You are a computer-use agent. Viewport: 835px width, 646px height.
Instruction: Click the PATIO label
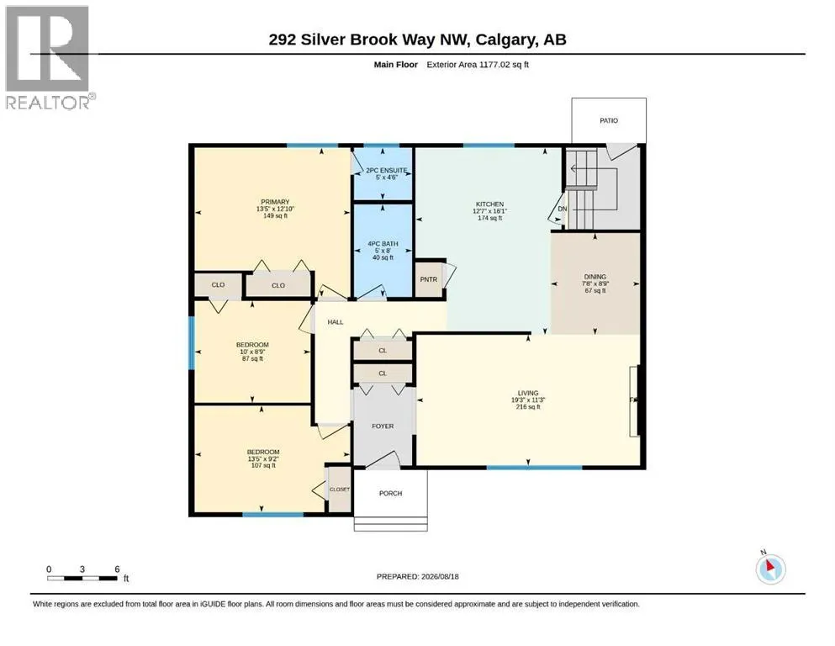(x=609, y=121)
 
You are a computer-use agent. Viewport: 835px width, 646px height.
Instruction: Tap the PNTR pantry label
(x=429, y=279)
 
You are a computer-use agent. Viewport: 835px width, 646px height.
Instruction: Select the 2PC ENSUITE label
(x=387, y=171)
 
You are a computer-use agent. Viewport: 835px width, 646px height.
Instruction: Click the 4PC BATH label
(x=383, y=244)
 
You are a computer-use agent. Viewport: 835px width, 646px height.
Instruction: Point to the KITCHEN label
(x=490, y=204)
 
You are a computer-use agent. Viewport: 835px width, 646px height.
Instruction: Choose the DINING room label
(x=595, y=277)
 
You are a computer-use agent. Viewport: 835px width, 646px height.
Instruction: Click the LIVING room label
(x=528, y=393)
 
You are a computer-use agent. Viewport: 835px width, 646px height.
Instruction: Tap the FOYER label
(x=383, y=426)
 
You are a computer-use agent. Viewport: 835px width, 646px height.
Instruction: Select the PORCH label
(x=390, y=494)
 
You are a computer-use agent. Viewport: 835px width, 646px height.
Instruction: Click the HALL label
(x=336, y=322)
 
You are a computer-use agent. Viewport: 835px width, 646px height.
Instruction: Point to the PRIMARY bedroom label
(x=275, y=203)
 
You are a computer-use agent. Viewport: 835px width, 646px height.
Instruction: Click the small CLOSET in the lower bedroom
(x=340, y=490)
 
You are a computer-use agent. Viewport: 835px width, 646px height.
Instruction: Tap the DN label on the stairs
(x=563, y=209)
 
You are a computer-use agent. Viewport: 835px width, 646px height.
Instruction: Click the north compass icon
(x=770, y=569)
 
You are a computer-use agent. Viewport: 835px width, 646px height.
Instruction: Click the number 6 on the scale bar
(x=117, y=569)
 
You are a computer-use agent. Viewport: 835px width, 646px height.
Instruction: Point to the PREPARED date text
(x=417, y=576)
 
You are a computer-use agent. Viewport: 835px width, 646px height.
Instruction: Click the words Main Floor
(x=396, y=65)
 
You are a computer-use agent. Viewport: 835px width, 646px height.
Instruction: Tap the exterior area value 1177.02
(x=494, y=65)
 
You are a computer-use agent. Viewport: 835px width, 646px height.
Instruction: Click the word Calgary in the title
(x=506, y=40)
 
